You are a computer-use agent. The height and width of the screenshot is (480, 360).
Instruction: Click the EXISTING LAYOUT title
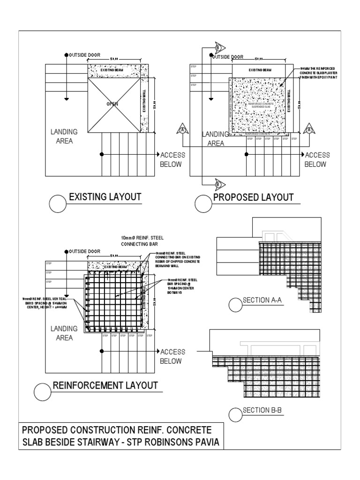point(105,197)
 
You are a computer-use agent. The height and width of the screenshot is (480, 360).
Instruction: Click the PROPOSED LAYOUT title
point(253,197)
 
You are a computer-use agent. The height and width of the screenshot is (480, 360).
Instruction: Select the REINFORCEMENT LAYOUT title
point(105,386)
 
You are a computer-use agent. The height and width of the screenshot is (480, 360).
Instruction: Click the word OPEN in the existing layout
point(112,104)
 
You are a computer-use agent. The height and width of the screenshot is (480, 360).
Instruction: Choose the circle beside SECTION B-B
point(236,415)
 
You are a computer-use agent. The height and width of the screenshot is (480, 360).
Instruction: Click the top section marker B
point(217,48)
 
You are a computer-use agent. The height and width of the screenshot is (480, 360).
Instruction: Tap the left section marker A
point(183,128)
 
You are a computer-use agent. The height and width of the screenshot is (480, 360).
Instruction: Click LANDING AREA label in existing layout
point(64,136)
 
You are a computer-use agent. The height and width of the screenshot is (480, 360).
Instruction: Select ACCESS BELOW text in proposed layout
point(317,159)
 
